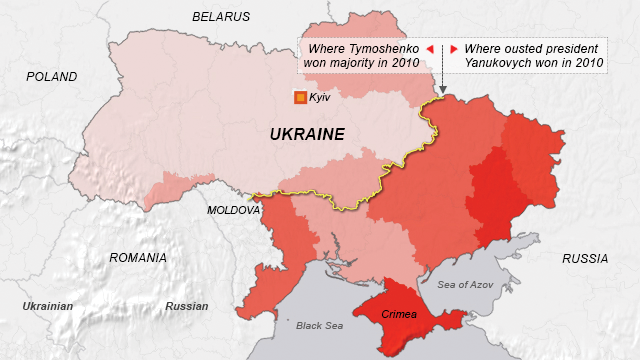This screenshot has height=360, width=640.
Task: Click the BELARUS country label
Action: pyautogui.click(x=222, y=17)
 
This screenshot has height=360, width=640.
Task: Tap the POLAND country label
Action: pyautogui.click(x=51, y=76)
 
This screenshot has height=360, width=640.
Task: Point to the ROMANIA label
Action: pyautogui.click(x=138, y=258)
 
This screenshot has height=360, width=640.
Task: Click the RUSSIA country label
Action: pyautogui.click(x=585, y=259)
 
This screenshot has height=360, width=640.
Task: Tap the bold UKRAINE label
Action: pyautogui.click(x=307, y=134)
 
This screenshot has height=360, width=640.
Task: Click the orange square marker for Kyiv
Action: pyautogui.click(x=299, y=97)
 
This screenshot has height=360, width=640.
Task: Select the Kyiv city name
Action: pyautogui.click(x=320, y=97)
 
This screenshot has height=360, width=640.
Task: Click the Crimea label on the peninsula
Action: pyautogui.click(x=398, y=315)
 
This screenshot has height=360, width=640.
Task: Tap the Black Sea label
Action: pyautogui.click(x=319, y=326)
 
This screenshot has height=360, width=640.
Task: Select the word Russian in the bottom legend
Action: pyautogui.click(x=187, y=306)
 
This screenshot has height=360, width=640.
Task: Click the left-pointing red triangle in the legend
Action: pyautogui.click(x=430, y=49)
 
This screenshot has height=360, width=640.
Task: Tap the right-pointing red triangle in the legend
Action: pyautogui.click(x=453, y=49)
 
